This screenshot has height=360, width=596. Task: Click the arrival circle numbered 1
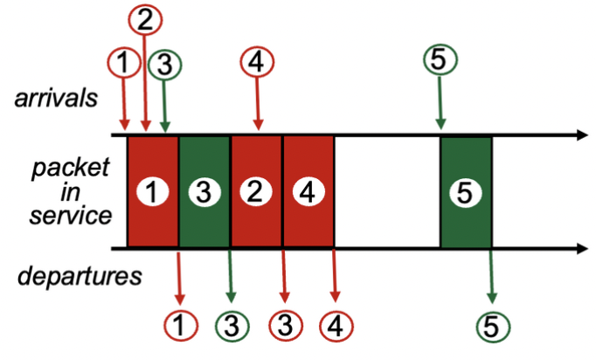(123, 62)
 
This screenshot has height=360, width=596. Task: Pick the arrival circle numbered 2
(144, 19)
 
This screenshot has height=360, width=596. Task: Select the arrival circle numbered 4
(257, 62)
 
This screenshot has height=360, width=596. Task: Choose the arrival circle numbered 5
(440, 60)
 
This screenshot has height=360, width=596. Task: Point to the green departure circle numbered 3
(231, 326)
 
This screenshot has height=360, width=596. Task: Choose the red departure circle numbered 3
(283, 326)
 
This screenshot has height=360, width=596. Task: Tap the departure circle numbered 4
(336, 326)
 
